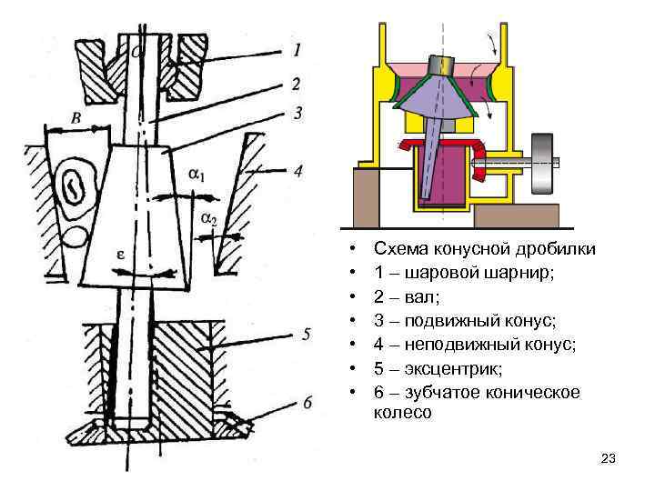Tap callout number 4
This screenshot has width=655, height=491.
click(297, 170)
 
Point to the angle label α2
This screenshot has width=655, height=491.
click(208, 218)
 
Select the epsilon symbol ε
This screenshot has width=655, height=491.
click(119, 256)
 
